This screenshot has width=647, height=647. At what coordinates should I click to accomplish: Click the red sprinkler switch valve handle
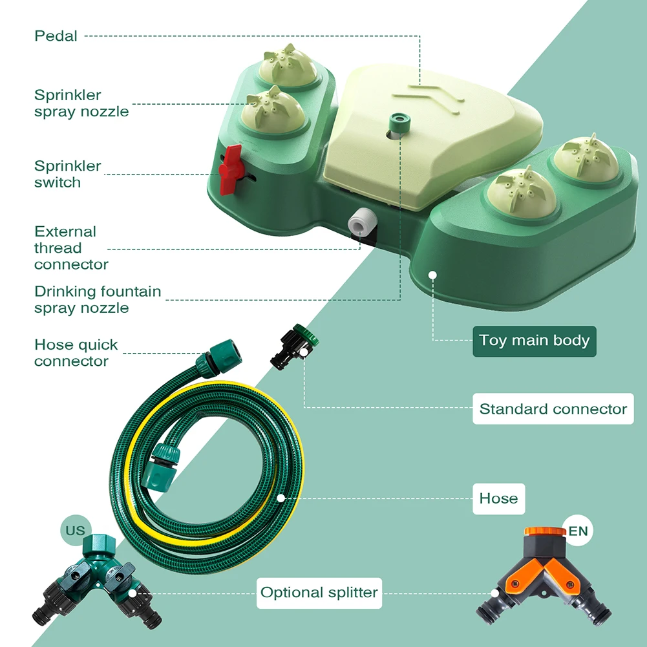tap(230, 169)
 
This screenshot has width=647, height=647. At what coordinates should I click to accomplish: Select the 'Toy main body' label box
tap(535, 341)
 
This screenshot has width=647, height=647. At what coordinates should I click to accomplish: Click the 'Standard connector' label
tap(553, 408)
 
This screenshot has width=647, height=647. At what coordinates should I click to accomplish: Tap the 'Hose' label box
tap(498, 498)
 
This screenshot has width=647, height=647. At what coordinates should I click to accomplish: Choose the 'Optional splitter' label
tap(319, 592)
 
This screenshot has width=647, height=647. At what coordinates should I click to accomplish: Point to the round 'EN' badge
tap(577, 531)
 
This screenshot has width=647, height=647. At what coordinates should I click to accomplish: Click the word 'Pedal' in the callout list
tap(56, 36)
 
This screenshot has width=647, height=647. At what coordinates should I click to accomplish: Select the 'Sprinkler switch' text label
tap(68, 174)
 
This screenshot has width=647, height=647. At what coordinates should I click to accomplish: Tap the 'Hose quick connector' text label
tap(76, 352)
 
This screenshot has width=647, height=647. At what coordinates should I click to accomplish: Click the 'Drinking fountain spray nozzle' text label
tap(98, 299)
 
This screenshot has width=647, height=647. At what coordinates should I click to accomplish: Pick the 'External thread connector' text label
tap(71, 248)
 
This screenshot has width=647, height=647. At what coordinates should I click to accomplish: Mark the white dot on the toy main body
tap(433, 275)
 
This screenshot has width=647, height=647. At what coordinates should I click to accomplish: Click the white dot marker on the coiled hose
tap(281, 498)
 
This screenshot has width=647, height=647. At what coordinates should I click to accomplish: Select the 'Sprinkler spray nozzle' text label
tap(81, 103)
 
